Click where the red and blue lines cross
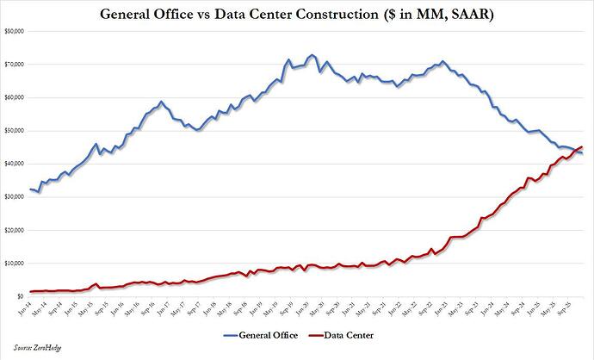[x=572, y=151]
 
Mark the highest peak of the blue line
[x=311, y=55]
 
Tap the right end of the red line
[x=583, y=146]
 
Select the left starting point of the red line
[x=31, y=291]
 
